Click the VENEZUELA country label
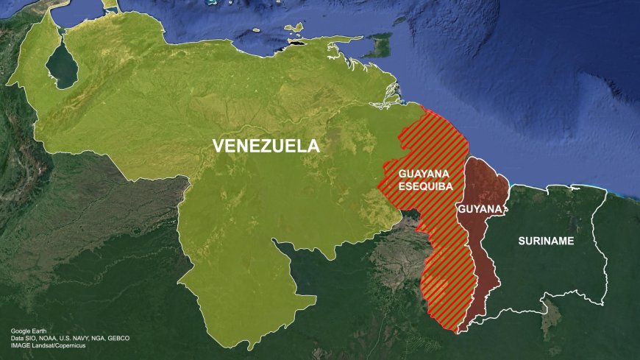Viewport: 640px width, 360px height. [266, 146]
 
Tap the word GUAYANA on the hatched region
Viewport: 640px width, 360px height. [423, 174]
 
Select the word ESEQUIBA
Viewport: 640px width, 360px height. [423, 186]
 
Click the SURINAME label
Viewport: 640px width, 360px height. [546, 241]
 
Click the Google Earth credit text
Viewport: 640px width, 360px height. [29, 331]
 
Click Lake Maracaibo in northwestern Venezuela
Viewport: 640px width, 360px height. [63, 68]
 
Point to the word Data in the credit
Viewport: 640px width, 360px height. [17, 339]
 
